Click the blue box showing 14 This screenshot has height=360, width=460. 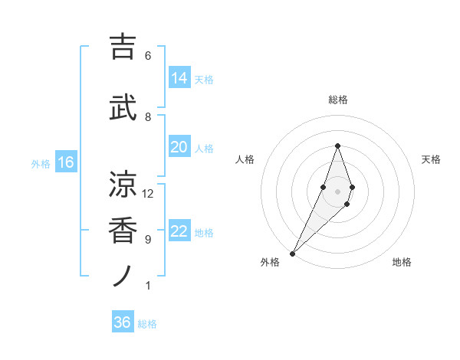pos(179,78)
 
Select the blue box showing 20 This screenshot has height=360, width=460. pos(179,147)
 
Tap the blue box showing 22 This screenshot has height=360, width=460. pos(179,232)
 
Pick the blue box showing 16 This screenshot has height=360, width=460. pos(66,162)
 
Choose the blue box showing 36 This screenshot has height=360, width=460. pos(123,322)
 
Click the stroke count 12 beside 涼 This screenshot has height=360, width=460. pos(148,194)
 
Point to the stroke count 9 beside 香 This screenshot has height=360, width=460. pos(148,240)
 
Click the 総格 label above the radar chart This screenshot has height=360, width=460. pos(337,100)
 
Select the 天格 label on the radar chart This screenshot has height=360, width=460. pos(431,159)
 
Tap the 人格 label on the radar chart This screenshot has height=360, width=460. pos(245,159)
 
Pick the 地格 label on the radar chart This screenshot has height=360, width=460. pos(402,263)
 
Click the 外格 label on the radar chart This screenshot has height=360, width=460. pos(270,263)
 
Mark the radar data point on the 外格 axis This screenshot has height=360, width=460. pos(293,253)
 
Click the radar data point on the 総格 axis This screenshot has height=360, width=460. pos(337,146)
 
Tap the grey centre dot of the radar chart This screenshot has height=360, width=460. pos(337,191)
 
